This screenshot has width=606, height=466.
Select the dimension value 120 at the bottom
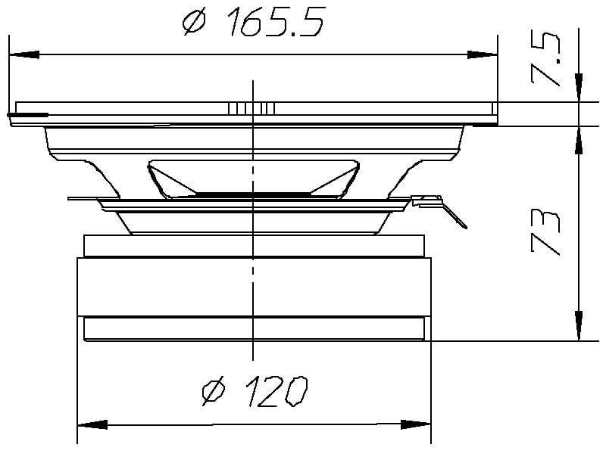click(270, 391)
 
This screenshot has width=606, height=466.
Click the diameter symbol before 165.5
click(195, 23)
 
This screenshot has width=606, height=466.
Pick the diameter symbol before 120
click(215, 391)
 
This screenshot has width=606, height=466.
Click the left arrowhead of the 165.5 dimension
click(23, 54)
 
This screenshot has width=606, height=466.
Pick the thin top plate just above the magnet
click(254, 245)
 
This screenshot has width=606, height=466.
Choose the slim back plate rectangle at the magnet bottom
click(254, 328)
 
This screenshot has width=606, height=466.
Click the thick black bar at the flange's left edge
click(27, 115)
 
